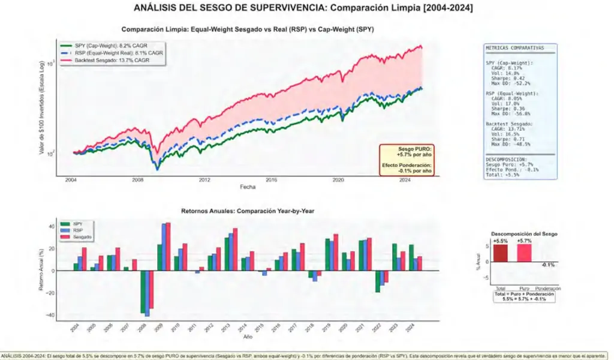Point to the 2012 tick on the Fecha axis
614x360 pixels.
point(205,180)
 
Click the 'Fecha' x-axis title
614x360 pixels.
point(248,187)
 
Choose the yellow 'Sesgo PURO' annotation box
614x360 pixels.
point(407,160)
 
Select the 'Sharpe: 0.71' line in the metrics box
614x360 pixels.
point(510,139)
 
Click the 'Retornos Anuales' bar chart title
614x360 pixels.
point(248,211)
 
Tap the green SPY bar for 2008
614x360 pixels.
point(143,292)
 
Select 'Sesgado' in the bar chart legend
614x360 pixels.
point(83,238)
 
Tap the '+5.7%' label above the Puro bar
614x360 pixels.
point(524,241)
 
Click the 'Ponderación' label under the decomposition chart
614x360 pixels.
point(547,289)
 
